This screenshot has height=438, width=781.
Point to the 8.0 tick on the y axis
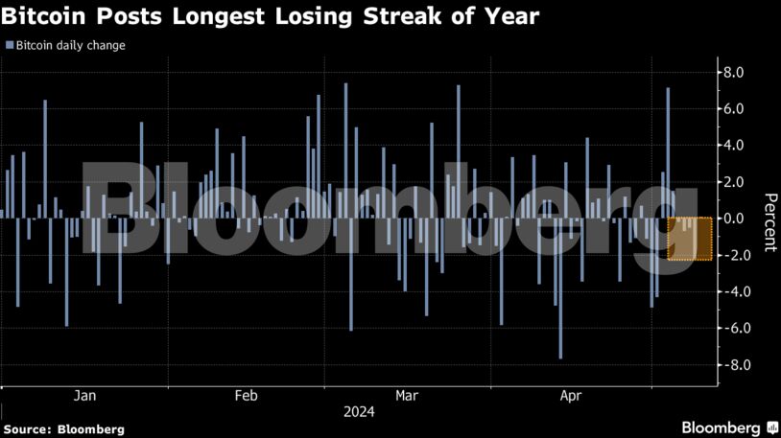click(734, 72)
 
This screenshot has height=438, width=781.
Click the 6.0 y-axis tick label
click(734, 109)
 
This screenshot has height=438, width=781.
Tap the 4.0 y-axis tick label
click(734, 146)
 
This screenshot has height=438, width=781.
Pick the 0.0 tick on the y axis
click(734, 219)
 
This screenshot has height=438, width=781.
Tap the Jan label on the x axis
click(85, 396)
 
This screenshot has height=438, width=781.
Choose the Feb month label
click(246, 396)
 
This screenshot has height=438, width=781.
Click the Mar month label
click(407, 396)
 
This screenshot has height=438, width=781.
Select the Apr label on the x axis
click(570, 396)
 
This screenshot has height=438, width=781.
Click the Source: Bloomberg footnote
click(63, 428)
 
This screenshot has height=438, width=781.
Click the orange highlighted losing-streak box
click(690, 239)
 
